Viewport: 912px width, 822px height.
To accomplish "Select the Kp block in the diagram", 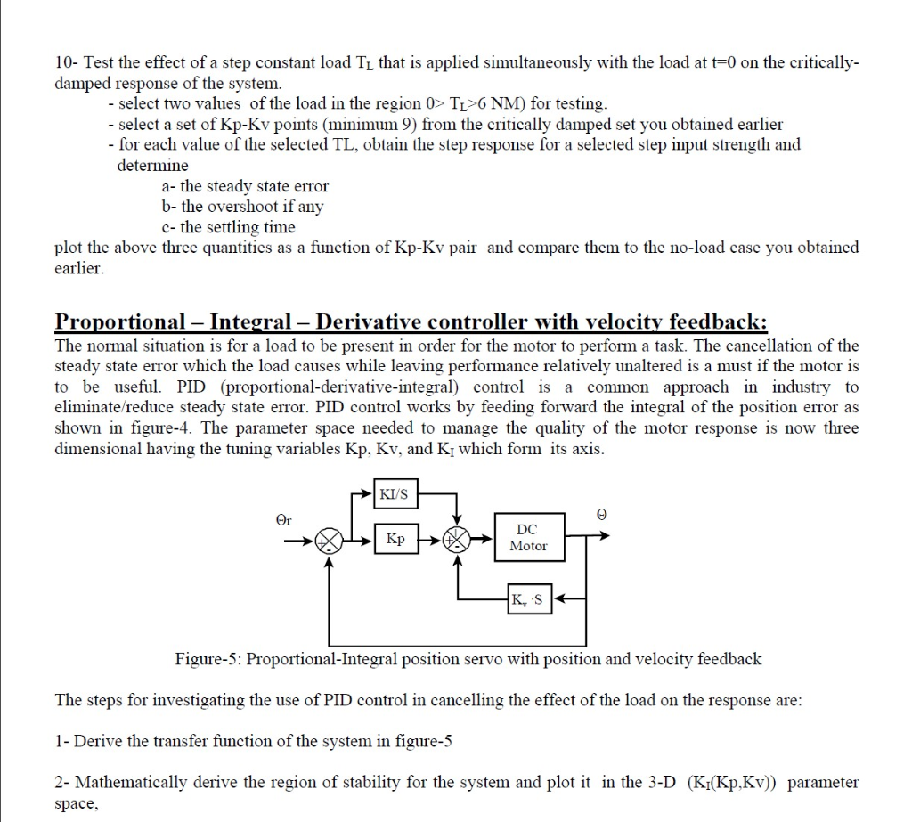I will (395, 539).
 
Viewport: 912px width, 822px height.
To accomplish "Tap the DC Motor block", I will (528, 538).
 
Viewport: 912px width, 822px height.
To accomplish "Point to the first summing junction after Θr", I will (330, 540).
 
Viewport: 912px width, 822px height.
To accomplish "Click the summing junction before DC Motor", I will (458, 539).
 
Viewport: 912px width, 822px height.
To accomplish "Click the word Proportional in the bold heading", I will (120, 321).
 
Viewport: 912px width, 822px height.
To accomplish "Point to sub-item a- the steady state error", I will (245, 186).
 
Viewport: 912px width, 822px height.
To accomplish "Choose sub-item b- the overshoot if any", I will (242, 207).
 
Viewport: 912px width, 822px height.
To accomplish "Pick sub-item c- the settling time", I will (228, 227).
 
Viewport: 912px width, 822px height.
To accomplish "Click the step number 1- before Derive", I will (62, 741).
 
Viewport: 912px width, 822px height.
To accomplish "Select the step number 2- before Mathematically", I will (63, 783).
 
